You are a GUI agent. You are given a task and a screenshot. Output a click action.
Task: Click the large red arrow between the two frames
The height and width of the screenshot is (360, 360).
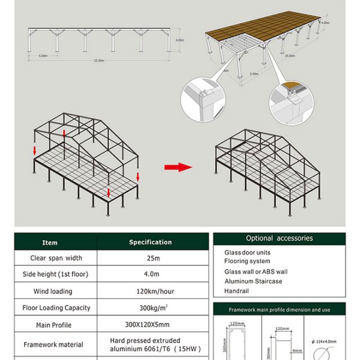(x=178, y=167)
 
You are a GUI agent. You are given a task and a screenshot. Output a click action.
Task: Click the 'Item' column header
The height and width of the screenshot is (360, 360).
(x=50, y=242)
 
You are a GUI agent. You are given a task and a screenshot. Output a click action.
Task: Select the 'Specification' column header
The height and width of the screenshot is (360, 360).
(x=150, y=242)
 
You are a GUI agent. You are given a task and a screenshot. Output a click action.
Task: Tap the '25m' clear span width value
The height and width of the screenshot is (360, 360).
(x=150, y=258)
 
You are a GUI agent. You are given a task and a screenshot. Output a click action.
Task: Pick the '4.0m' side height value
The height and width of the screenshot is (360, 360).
(x=150, y=274)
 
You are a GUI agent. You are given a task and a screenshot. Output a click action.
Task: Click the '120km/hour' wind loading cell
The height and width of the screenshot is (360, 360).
(x=150, y=291)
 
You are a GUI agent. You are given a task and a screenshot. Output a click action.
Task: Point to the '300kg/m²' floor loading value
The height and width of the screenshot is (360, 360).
(x=150, y=308)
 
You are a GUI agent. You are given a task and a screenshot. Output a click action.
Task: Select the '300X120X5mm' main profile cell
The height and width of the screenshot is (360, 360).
(x=150, y=325)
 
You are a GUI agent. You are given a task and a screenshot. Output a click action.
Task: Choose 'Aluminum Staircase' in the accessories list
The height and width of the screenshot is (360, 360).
(x=253, y=281)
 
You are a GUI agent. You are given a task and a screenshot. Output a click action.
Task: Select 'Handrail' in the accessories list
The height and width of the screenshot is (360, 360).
(x=236, y=291)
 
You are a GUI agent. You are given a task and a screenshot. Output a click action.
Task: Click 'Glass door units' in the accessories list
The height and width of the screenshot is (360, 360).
(x=247, y=253)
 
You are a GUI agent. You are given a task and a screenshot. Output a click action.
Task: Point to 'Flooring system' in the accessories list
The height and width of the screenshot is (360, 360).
(x=247, y=261)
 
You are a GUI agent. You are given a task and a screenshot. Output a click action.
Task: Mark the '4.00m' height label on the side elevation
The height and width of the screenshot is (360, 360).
(x=179, y=40)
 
